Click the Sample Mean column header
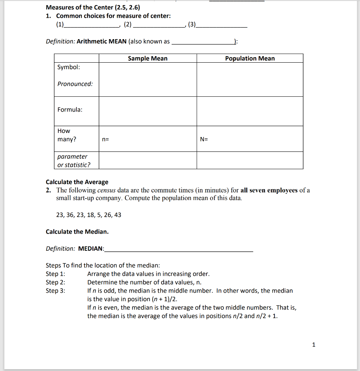(148, 58)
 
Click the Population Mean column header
(250, 58)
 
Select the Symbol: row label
(69, 67)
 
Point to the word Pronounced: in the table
(75, 84)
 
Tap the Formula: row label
(70, 109)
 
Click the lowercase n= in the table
(105, 139)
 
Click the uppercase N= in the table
(204, 139)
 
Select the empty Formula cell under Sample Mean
(148, 111)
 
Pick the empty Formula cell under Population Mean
(250, 111)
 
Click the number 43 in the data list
(118, 215)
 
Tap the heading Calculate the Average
(77, 182)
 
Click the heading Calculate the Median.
(77, 232)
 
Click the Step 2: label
(55, 282)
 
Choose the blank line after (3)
(222, 26)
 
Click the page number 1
(314, 345)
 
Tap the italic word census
(106, 190)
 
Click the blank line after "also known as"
(203, 43)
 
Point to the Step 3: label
(55, 291)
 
